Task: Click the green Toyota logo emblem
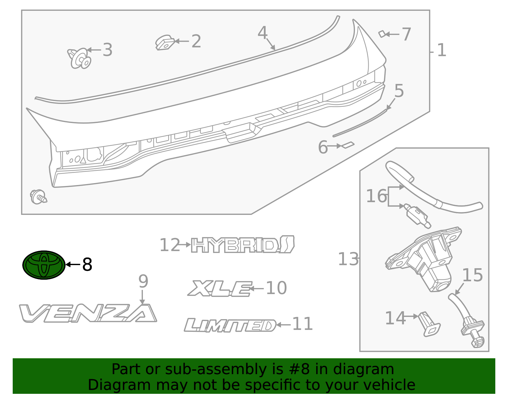click(44, 265)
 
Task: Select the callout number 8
click(87, 264)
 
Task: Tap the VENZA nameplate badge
click(88, 313)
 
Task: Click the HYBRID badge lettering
click(243, 245)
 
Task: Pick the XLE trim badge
click(220, 289)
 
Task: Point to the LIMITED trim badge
click(230, 325)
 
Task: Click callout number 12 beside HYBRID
click(170, 245)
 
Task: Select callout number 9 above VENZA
click(143, 281)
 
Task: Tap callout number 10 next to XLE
click(276, 288)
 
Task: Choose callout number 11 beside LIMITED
click(302, 324)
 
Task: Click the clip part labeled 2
click(165, 43)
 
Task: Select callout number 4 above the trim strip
click(263, 33)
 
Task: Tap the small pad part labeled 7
click(382, 34)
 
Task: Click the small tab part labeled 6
click(348, 145)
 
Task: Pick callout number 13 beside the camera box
click(348, 259)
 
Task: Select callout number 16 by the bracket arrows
click(376, 196)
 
